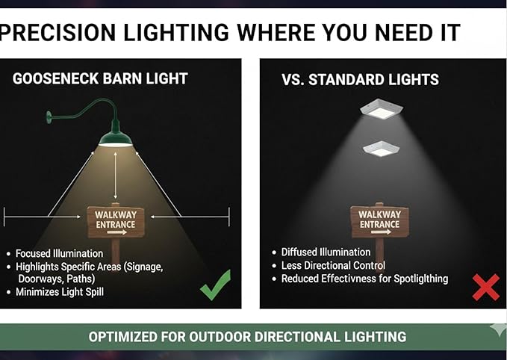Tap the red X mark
click(x=485, y=288)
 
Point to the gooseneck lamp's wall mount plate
click(x=49, y=117)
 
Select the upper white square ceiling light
click(x=382, y=109)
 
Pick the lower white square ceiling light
click(x=382, y=149)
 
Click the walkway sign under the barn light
click(x=116, y=222)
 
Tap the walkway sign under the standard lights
click(x=379, y=222)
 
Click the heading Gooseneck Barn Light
click(x=100, y=78)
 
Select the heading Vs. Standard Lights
click(x=360, y=80)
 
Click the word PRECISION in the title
click(x=57, y=32)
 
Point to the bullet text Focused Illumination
click(x=60, y=253)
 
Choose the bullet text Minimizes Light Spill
click(x=60, y=292)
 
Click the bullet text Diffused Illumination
click(x=326, y=252)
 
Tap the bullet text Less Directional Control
click(x=333, y=265)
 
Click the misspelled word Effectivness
click(x=349, y=279)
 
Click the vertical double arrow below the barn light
click(x=116, y=176)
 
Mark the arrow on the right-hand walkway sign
click(x=381, y=232)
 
